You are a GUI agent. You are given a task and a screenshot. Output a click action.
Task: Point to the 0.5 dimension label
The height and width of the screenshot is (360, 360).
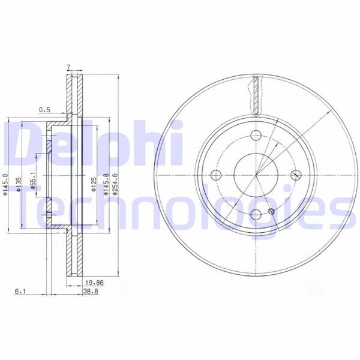pos(44,109)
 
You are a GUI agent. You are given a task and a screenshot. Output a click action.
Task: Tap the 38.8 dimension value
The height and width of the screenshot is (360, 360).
pos(91,292)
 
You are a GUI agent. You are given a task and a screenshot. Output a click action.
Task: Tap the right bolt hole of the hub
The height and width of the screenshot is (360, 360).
pos(296,175)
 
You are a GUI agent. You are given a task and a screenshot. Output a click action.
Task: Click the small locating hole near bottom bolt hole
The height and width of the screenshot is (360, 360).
pos(272,211)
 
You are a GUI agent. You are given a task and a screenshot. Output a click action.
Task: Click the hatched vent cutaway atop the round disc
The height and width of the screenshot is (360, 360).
pos(257,93)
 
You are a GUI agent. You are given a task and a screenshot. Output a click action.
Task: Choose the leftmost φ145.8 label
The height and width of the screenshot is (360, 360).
pos(5,184)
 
